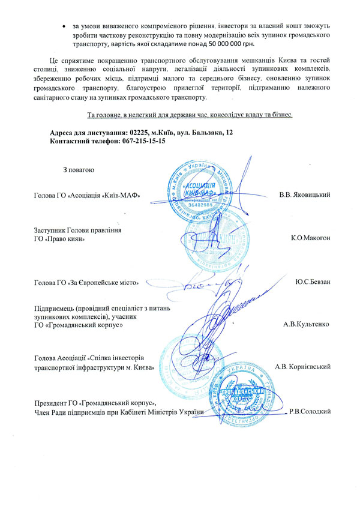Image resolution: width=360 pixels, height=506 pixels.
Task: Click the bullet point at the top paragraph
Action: (65, 26)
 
